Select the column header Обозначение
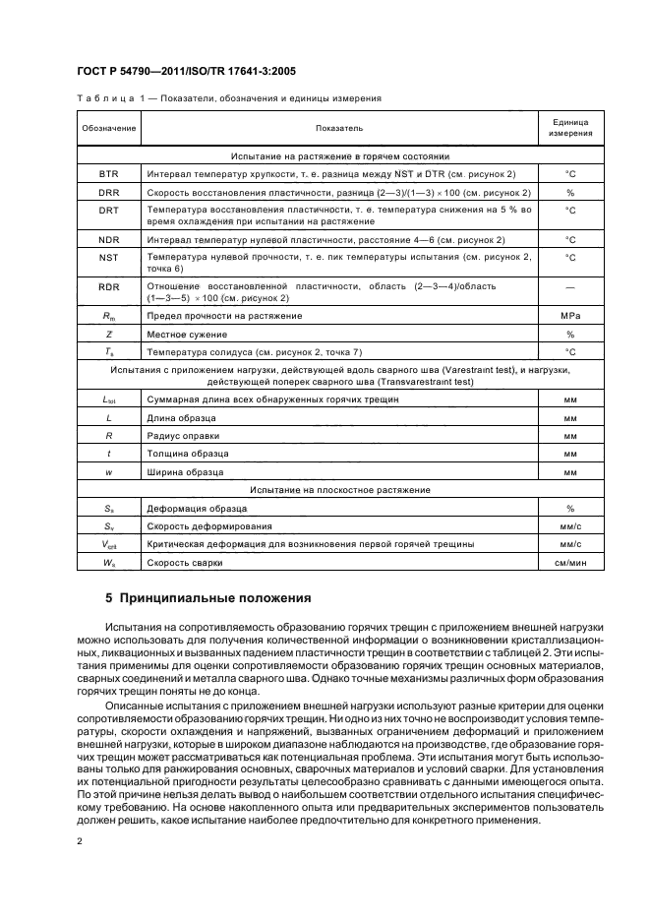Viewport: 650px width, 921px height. coord(108,128)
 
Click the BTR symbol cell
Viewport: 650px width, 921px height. coord(108,173)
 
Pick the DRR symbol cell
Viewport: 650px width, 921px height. coord(108,192)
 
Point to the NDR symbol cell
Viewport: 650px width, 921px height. coord(108,239)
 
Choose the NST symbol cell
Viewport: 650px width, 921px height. coord(108,258)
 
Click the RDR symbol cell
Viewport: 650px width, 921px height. coord(108,285)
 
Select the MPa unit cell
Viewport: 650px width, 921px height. coord(569,316)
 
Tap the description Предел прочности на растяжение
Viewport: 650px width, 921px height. coord(224,316)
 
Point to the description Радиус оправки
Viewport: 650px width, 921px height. coord(183,435)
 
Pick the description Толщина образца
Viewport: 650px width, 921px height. coord(188,454)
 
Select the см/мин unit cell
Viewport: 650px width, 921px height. coord(569,562)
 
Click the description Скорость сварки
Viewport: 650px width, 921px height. coord(185,562)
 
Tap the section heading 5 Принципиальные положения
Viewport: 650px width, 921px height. coord(207,597)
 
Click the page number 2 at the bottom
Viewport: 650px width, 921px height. coord(80,842)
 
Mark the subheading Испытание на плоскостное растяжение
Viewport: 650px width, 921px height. coord(340,490)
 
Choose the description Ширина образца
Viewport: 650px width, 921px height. coord(185,472)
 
